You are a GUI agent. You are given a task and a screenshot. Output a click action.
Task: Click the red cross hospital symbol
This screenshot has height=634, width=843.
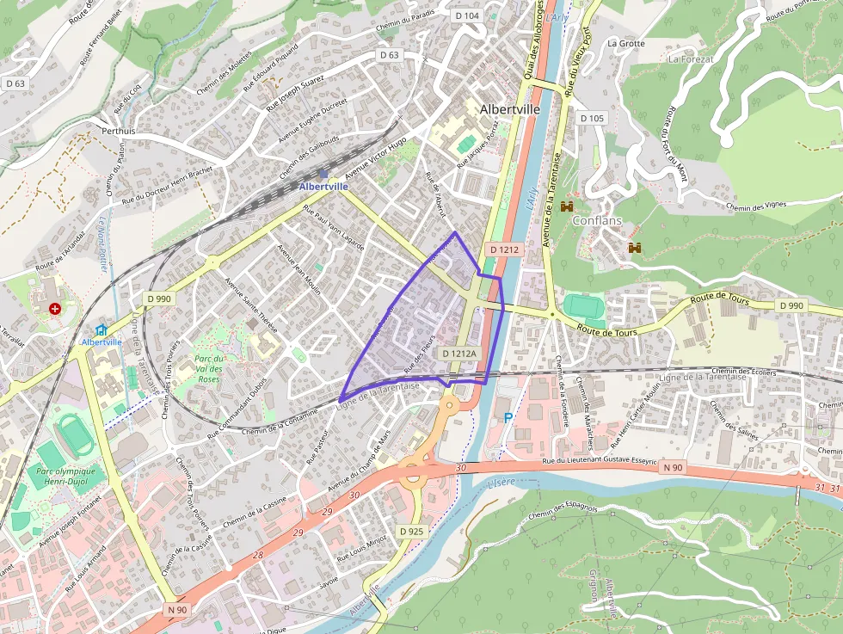(x=55, y=308)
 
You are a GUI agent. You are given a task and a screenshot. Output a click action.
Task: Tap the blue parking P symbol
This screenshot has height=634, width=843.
(x=508, y=417)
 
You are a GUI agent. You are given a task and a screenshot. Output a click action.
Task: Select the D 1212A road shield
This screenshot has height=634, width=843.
(x=459, y=354)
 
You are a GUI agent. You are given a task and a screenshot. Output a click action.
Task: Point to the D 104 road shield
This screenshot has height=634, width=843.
(x=467, y=15)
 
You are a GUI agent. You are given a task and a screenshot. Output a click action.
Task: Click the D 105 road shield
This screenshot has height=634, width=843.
(x=592, y=118)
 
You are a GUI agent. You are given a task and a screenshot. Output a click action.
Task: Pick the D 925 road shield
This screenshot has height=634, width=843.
(x=412, y=531)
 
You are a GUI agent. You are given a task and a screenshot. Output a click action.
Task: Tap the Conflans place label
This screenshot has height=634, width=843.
(x=596, y=220)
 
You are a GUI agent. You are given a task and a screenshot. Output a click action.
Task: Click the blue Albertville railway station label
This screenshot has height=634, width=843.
(x=323, y=186)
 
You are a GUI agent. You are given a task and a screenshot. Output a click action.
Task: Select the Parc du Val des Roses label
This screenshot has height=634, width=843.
(x=209, y=368)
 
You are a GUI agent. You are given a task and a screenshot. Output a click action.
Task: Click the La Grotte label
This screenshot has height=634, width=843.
(x=625, y=43)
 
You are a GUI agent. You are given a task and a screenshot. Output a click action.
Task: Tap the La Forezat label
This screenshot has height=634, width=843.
(x=692, y=59)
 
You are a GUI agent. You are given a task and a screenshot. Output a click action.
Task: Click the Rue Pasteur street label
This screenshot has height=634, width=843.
(x=318, y=446)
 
